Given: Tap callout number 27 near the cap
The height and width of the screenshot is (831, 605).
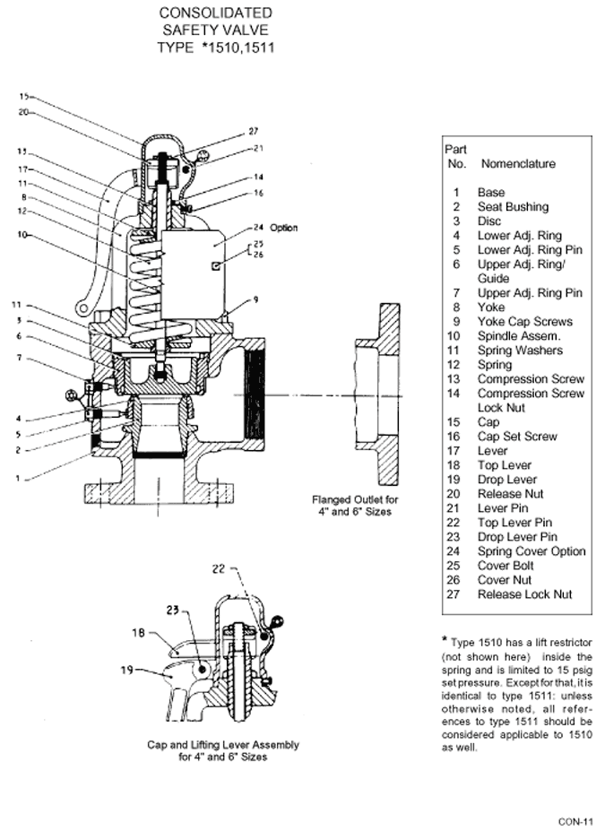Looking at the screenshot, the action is click(254, 131).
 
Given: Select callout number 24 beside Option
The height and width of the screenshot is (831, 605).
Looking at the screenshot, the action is click(258, 228).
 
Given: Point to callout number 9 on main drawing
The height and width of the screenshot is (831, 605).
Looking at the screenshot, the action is click(255, 299).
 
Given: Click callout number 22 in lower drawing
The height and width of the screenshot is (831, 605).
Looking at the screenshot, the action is click(219, 568).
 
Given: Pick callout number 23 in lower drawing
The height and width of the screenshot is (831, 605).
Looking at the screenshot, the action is click(172, 610).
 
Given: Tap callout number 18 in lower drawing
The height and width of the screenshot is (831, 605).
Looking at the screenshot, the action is click(138, 633).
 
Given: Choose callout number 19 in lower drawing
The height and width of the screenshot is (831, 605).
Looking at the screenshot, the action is click(126, 670).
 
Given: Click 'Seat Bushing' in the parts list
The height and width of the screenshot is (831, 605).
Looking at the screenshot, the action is click(513, 207).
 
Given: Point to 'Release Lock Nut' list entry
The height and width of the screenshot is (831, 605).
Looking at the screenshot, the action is click(524, 594).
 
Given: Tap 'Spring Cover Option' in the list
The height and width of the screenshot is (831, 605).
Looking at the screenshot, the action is click(532, 551).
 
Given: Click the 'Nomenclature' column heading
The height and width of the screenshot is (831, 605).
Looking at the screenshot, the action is click(517, 164).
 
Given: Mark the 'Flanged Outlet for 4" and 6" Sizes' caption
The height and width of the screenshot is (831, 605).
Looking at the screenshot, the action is click(355, 506).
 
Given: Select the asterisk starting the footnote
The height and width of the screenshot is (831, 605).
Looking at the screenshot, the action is click(445, 640).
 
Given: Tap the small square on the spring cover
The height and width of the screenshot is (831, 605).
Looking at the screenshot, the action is click(216, 266).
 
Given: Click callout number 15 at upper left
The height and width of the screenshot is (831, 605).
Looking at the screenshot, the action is click(24, 97).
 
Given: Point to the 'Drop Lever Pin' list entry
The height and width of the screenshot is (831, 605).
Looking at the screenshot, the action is click(517, 537).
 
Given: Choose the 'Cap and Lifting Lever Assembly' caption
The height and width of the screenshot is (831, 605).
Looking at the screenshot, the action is click(223, 745).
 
